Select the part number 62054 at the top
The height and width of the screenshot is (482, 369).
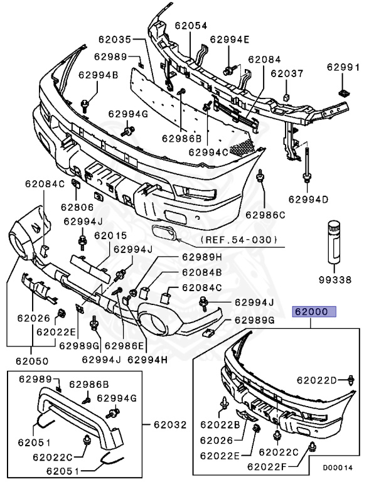click(191, 26)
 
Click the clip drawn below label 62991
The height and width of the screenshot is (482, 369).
click(342, 92)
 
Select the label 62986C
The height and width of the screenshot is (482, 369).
click(265, 215)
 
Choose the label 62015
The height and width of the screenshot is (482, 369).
click(110, 236)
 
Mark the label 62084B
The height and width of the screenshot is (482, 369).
click(202, 272)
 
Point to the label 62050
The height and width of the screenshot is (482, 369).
click(28, 361)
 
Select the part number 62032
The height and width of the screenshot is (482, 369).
click(169, 425)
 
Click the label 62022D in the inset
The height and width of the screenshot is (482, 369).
click(317, 380)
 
